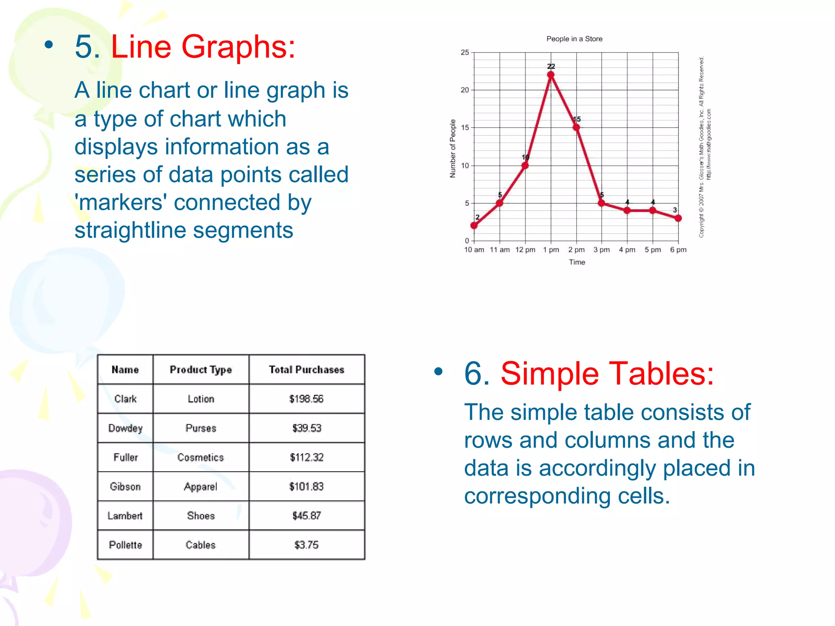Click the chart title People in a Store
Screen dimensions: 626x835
point(574,39)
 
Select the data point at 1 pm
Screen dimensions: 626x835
point(551,75)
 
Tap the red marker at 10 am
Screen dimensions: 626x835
point(474,225)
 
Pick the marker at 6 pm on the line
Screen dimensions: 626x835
point(678,218)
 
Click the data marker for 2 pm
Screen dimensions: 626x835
point(576,128)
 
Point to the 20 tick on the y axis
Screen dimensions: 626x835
point(465,90)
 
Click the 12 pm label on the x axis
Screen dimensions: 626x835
point(525,250)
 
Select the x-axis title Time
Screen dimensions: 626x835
point(577,262)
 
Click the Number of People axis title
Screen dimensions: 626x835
point(453,148)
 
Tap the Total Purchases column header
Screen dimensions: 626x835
point(307,370)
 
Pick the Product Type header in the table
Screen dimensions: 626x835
point(201,370)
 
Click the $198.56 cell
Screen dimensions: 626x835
point(306,399)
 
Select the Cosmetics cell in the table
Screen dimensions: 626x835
point(201,457)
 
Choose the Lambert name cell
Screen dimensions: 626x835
point(125,516)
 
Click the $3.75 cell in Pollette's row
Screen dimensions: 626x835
point(306,545)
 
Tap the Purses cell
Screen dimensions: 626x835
point(201,428)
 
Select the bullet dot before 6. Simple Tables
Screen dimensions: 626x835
point(438,371)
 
